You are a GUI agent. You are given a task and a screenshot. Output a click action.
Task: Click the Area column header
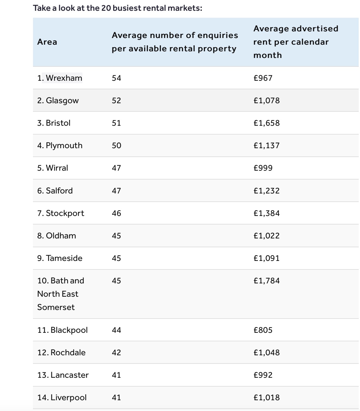[47, 42]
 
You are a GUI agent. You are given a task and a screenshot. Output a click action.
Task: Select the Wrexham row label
[60, 78]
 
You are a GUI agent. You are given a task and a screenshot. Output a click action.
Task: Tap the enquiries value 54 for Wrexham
[116, 78]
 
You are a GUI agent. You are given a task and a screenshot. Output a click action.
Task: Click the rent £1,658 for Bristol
[267, 123]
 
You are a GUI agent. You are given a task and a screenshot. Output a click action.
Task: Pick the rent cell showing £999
[263, 168]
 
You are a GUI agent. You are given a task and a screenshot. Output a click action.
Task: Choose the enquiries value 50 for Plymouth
[116, 145]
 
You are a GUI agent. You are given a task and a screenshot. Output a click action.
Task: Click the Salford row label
[55, 191]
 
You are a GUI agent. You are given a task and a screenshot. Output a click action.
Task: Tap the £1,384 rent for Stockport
[267, 213]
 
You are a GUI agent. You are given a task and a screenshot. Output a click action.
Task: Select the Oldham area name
[57, 236]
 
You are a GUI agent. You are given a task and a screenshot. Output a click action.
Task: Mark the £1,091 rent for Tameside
[267, 258]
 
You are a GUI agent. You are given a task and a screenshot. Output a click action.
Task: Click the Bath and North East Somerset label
[60, 294]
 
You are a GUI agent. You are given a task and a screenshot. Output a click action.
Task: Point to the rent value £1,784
[267, 281]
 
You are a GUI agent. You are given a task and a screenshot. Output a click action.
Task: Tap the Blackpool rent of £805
[263, 330]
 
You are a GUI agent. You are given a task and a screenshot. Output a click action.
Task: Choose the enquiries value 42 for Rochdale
[116, 352]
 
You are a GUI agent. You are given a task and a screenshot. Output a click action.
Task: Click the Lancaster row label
[63, 375]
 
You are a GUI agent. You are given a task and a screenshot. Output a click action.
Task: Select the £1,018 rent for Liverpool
[267, 397]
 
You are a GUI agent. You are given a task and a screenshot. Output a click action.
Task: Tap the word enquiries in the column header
[217, 35]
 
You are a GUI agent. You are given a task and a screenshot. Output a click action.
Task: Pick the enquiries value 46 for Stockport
[116, 213]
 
